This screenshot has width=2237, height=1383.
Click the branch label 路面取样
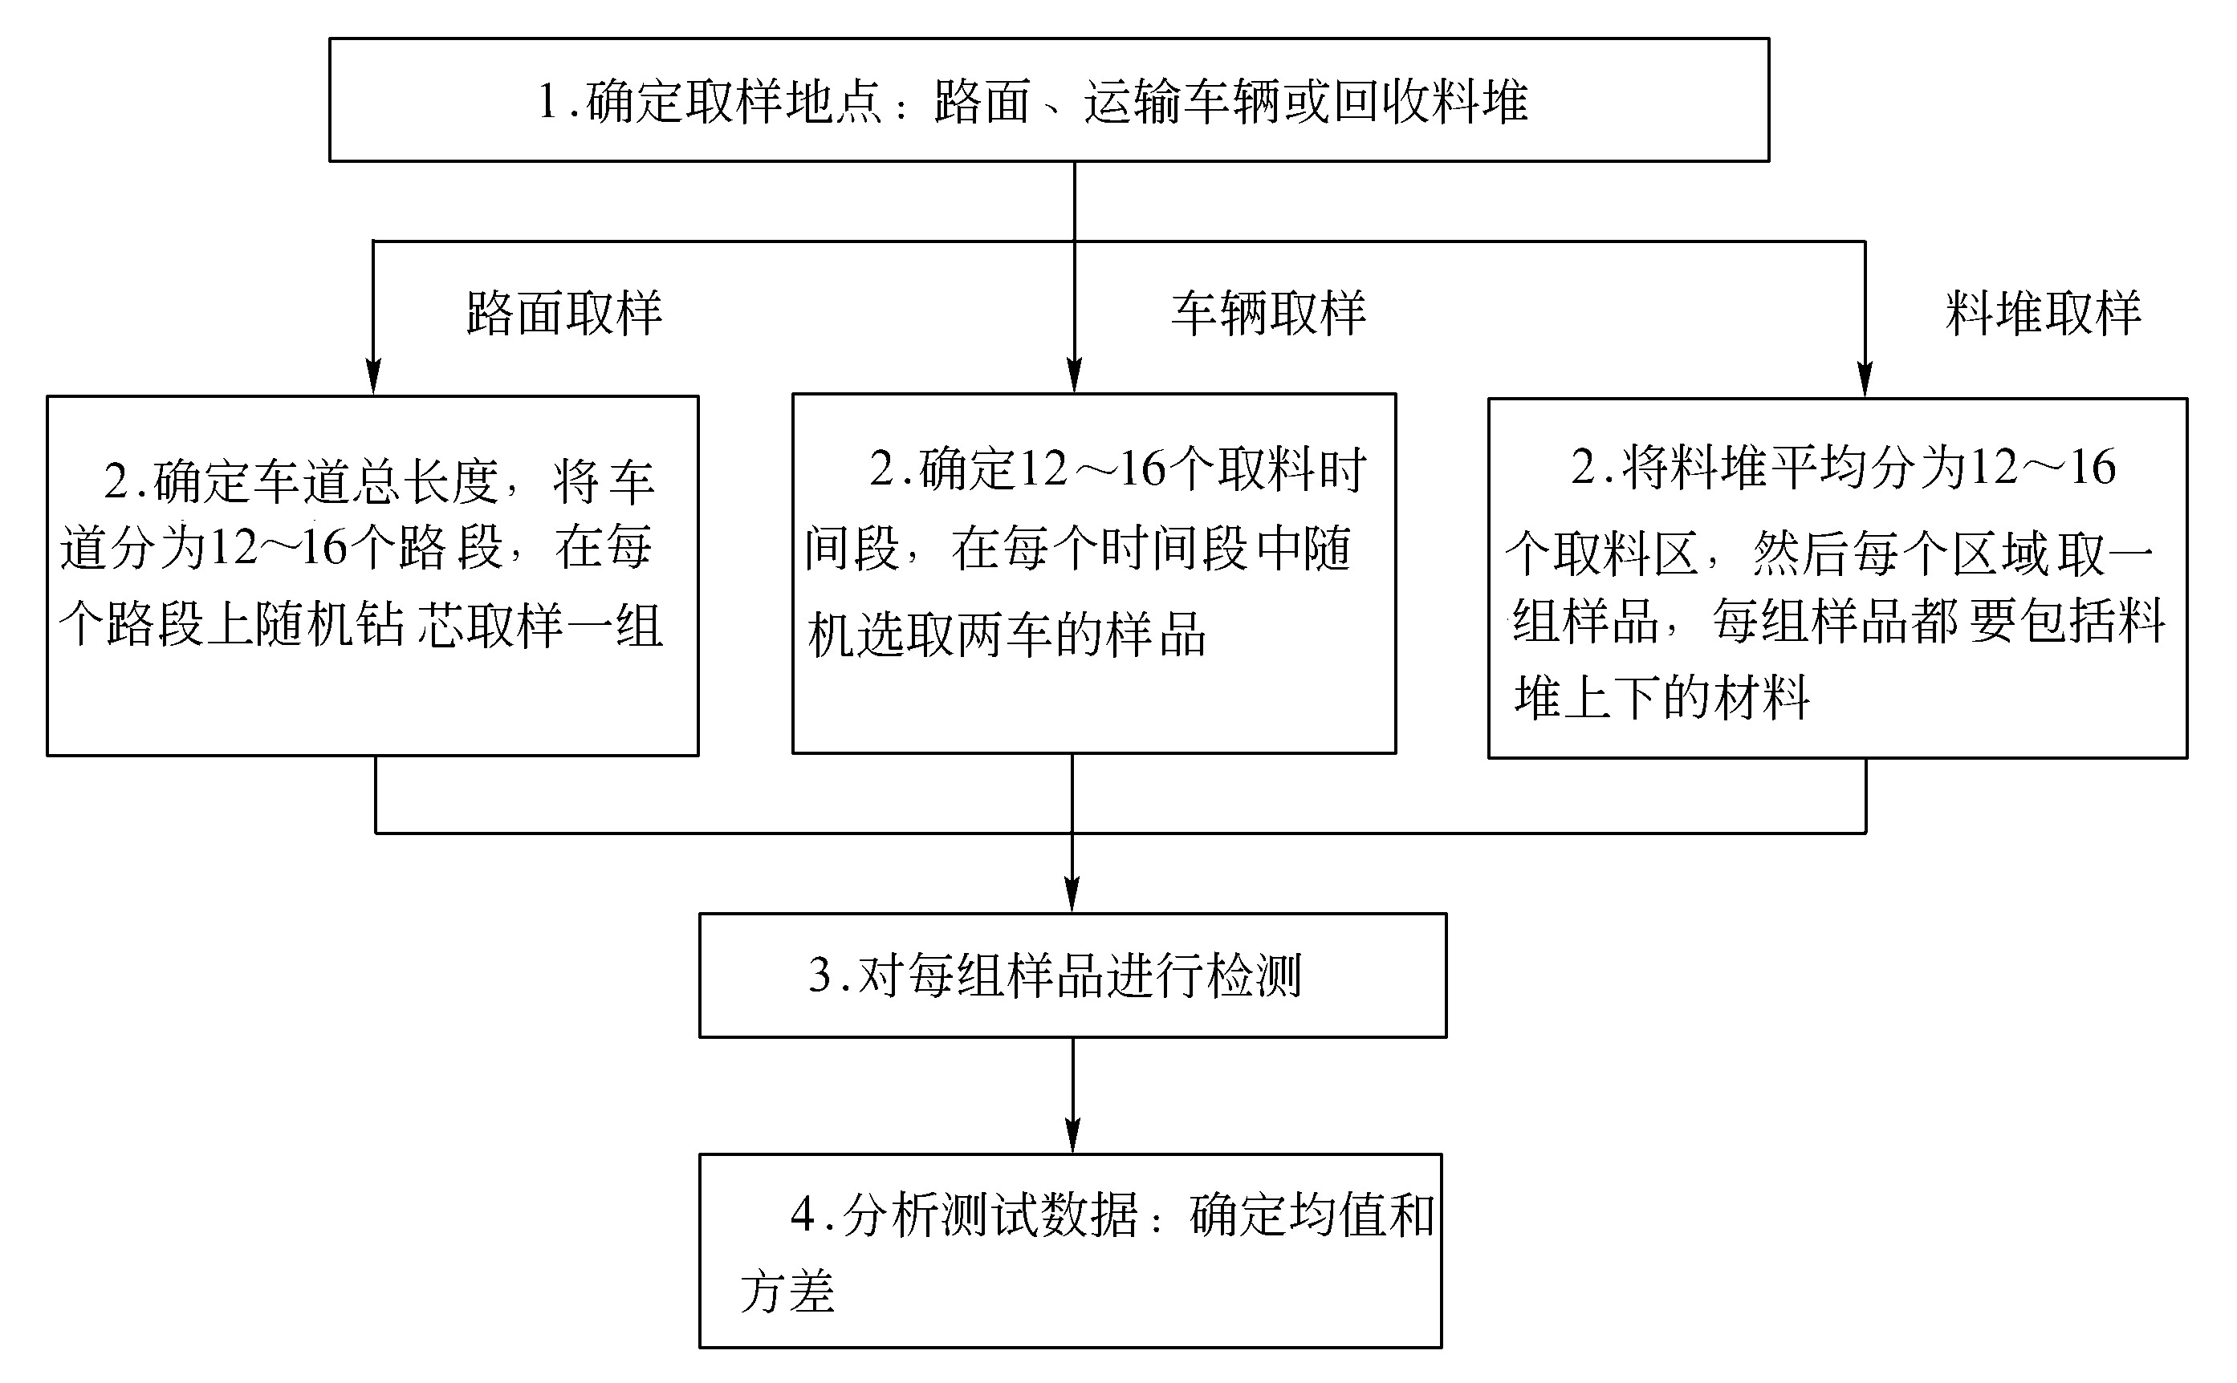564,314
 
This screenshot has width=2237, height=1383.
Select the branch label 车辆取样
1269,314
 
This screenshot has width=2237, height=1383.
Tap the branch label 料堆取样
2043,314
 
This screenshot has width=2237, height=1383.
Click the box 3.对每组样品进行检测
1072,975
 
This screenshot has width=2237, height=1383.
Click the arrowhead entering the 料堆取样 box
1865,379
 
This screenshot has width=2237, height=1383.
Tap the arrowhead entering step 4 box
1072,1135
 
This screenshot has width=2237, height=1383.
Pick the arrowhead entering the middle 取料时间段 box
1074,375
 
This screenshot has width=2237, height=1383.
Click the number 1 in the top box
548,100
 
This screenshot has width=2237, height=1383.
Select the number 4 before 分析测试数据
803,1215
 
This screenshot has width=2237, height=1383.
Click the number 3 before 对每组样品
820,975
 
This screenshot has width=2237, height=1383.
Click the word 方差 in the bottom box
787,1292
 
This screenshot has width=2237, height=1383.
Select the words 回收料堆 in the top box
1430,100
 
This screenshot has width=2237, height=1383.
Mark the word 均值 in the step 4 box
1336,1215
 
